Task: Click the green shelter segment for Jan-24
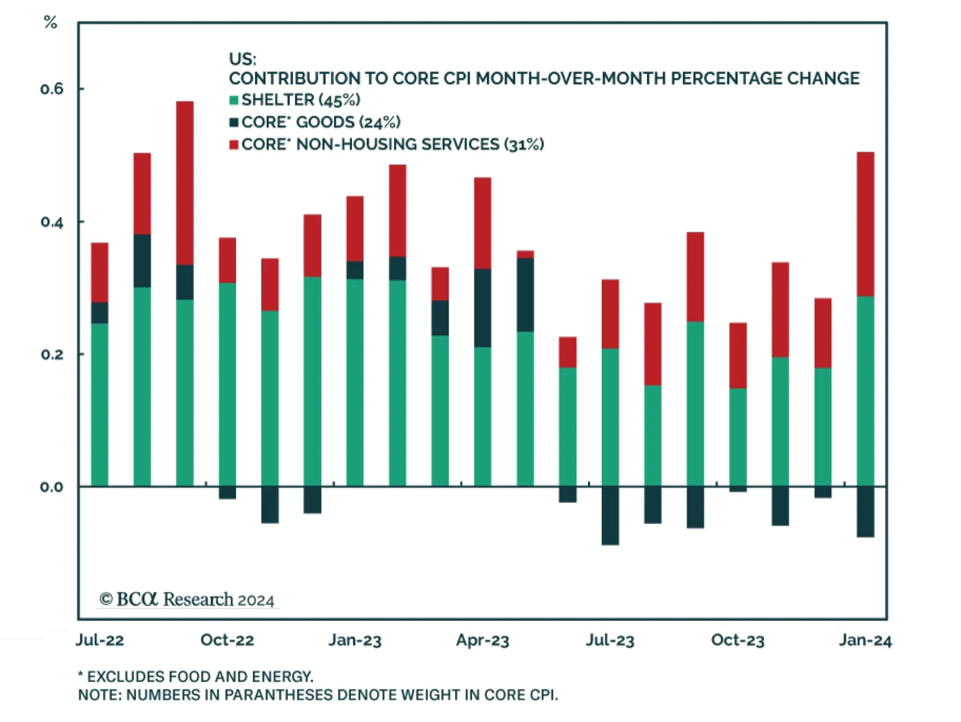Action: click(x=865, y=390)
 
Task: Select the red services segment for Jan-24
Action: click(x=865, y=224)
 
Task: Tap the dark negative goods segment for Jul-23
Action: click(x=610, y=515)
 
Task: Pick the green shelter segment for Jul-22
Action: click(x=100, y=404)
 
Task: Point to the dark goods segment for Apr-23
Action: click(x=482, y=308)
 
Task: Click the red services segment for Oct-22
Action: click(x=227, y=260)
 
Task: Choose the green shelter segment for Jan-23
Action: click(x=354, y=382)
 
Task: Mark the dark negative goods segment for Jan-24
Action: click(x=865, y=511)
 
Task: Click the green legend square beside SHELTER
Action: click(x=234, y=100)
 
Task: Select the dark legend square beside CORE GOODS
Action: click(x=234, y=123)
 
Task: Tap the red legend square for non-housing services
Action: click(x=234, y=145)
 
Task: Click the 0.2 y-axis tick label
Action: click(x=52, y=354)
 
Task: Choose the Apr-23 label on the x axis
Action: click(x=482, y=640)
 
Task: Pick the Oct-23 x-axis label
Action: click(x=738, y=640)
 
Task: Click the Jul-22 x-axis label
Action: click(x=100, y=640)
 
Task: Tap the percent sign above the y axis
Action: click(x=50, y=23)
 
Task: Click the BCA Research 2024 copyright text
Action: click(x=187, y=599)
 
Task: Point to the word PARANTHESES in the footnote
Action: click(x=278, y=695)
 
